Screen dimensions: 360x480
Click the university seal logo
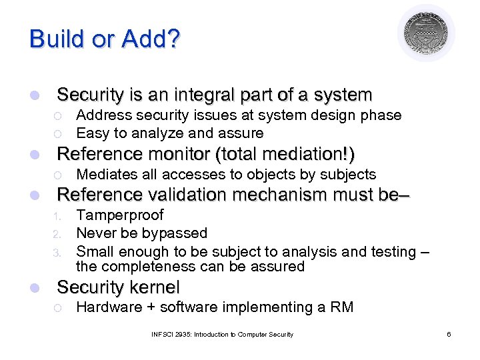(x=426, y=33)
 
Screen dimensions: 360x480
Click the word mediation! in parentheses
(x=312, y=154)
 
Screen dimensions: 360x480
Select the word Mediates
(x=106, y=175)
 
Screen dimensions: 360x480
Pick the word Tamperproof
(x=120, y=215)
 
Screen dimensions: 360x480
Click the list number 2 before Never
(x=58, y=234)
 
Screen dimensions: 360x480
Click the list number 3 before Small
(x=58, y=253)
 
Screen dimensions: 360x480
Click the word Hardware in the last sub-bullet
(x=107, y=307)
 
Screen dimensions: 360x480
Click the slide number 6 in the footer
(x=449, y=334)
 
